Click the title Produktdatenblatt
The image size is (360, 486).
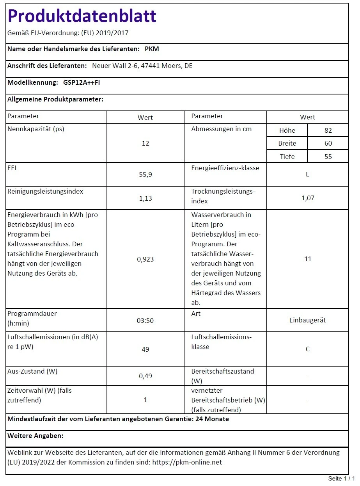click(82, 16)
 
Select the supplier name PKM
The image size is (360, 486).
click(152, 49)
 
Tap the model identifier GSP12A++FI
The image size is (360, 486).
click(79, 82)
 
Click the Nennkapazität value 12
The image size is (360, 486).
click(145, 144)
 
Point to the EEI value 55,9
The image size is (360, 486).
click(145, 175)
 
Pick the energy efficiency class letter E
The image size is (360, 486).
click(307, 174)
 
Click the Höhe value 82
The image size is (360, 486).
click(328, 131)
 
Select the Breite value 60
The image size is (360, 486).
click(328, 144)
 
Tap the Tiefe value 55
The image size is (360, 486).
click(328, 157)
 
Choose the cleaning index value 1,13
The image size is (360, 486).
click(145, 198)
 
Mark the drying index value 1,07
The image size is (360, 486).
click(307, 198)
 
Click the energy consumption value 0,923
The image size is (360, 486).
click(145, 259)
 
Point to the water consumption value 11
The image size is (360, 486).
click(307, 259)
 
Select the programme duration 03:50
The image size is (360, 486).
click(145, 320)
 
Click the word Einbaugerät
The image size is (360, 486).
click(307, 320)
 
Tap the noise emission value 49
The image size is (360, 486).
click(145, 349)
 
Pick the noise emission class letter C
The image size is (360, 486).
click(307, 349)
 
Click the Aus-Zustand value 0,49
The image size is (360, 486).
click(145, 376)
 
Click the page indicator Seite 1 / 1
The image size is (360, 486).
click(341, 479)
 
